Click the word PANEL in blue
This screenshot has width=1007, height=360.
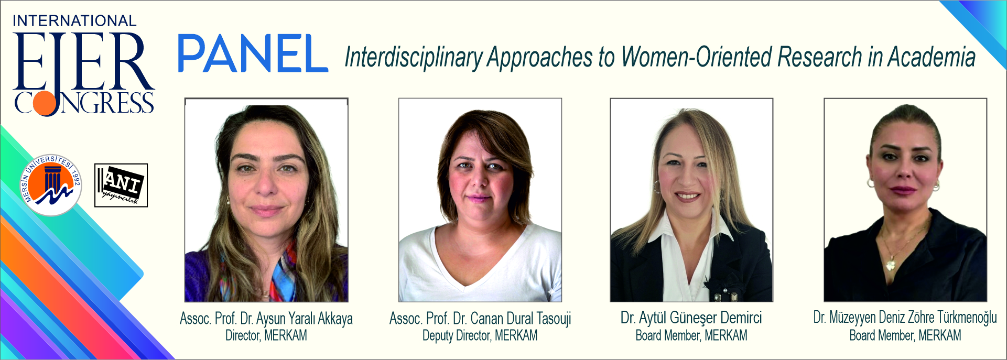[253, 53]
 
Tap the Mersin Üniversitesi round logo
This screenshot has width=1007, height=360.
[51, 184]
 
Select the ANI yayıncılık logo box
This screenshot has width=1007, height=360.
[121, 186]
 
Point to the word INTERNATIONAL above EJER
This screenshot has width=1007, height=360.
[74, 21]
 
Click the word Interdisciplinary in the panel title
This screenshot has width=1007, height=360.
[413, 57]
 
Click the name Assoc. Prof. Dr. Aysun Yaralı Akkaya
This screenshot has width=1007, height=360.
[266, 319]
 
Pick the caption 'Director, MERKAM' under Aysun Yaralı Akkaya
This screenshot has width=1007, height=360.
[266, 335]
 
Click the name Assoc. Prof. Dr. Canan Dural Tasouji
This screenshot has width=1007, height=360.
[480, 319]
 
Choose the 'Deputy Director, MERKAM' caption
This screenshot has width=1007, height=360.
[480, 335]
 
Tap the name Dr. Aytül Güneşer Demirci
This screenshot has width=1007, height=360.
[691, 318]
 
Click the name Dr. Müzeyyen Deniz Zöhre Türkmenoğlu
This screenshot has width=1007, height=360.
[905, 318]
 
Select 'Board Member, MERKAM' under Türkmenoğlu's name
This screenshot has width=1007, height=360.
[905, 335]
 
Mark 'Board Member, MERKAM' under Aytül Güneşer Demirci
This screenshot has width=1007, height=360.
[691, 335]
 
